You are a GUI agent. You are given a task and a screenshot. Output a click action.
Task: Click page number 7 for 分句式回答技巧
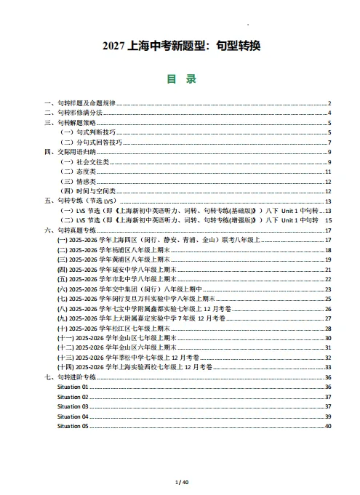coord(329,142)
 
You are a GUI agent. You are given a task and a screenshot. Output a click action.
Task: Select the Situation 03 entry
coord(73,406)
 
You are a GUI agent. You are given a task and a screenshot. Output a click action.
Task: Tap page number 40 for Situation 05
coord(327,426)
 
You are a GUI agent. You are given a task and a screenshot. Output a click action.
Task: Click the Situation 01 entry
coord(73,387)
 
